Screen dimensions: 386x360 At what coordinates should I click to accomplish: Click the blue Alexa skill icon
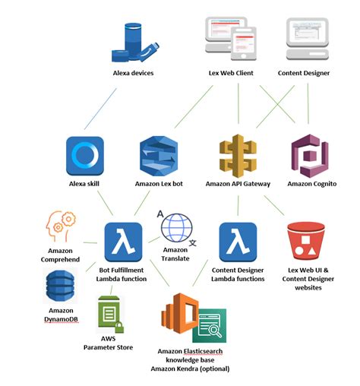tap(84, 155)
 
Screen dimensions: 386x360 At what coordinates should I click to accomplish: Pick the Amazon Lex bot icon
tap(158, 156)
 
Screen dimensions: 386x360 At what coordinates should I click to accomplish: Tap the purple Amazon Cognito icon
tap(309, 156)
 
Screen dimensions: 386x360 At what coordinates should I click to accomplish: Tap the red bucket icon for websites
tap(308, 242)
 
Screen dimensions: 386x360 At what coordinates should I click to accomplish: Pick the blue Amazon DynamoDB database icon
tap(62, 287)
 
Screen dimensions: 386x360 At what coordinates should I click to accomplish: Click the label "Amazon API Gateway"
tap(238, 183)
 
